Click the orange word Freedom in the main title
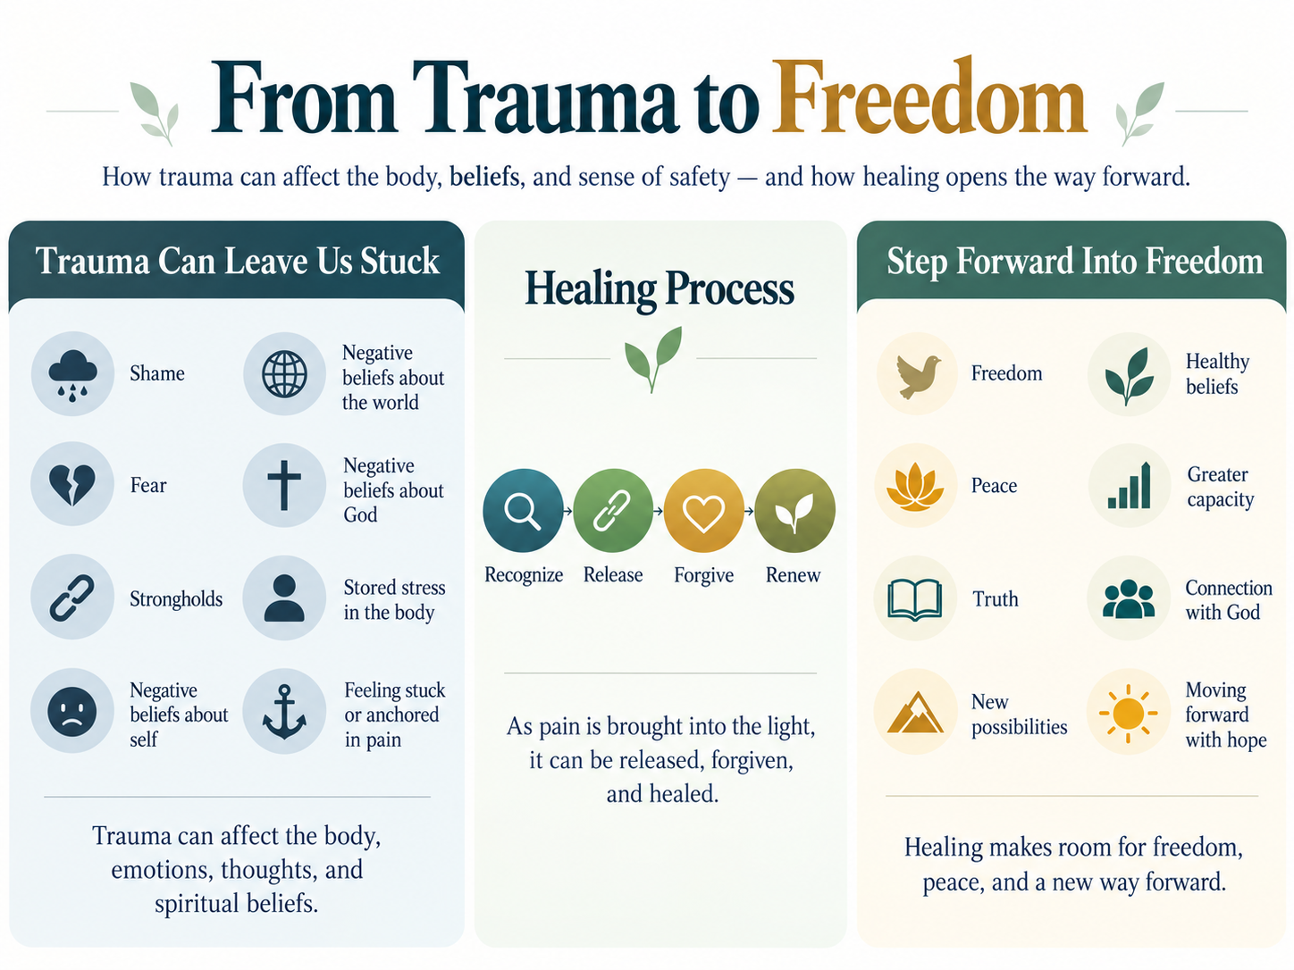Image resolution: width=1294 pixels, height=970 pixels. coord(929,96)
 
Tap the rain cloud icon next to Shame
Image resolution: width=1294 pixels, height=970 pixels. coord(72,374)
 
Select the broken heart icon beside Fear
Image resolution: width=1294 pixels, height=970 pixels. coord(71,485)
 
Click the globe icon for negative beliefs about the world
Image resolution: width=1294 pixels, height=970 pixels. coord(284,374)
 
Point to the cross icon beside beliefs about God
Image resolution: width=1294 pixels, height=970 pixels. coord(284,485)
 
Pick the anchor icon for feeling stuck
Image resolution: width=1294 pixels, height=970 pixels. coord(284,712)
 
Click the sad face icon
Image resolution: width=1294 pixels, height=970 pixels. coord(71,712)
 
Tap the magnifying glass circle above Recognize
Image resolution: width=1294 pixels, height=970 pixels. coord(523,510)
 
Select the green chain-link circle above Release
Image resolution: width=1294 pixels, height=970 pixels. coord(613,510)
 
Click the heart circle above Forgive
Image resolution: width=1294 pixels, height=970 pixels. coord(704,510)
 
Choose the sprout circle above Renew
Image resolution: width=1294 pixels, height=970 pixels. coord(794,510)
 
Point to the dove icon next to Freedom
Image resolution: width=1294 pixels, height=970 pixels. coord(917,376)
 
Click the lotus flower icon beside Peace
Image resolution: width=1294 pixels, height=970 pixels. coord(915,487)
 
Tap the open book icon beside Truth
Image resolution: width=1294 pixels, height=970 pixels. coord(914,599)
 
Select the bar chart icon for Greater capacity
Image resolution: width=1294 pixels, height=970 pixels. coord(1129,485)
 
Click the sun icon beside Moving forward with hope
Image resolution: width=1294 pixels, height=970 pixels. coord(1129,714)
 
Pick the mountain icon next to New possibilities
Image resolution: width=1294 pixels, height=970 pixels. coord(915,712)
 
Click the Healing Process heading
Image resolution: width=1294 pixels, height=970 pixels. coord(660,289)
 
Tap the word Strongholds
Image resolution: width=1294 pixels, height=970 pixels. coord(176,599)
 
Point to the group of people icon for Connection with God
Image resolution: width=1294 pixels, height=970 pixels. coord(1129,598)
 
